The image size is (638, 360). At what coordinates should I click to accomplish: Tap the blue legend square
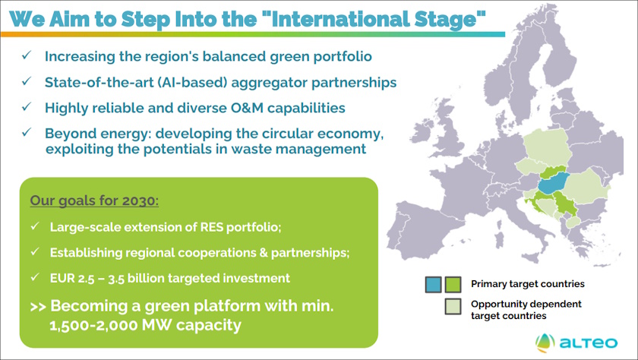click(433, 285)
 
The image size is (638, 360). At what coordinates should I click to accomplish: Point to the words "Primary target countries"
click(527, 284)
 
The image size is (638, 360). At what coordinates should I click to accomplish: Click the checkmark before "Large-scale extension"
click(35, 227)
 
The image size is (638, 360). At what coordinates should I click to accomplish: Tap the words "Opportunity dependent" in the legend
click(526, 304)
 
